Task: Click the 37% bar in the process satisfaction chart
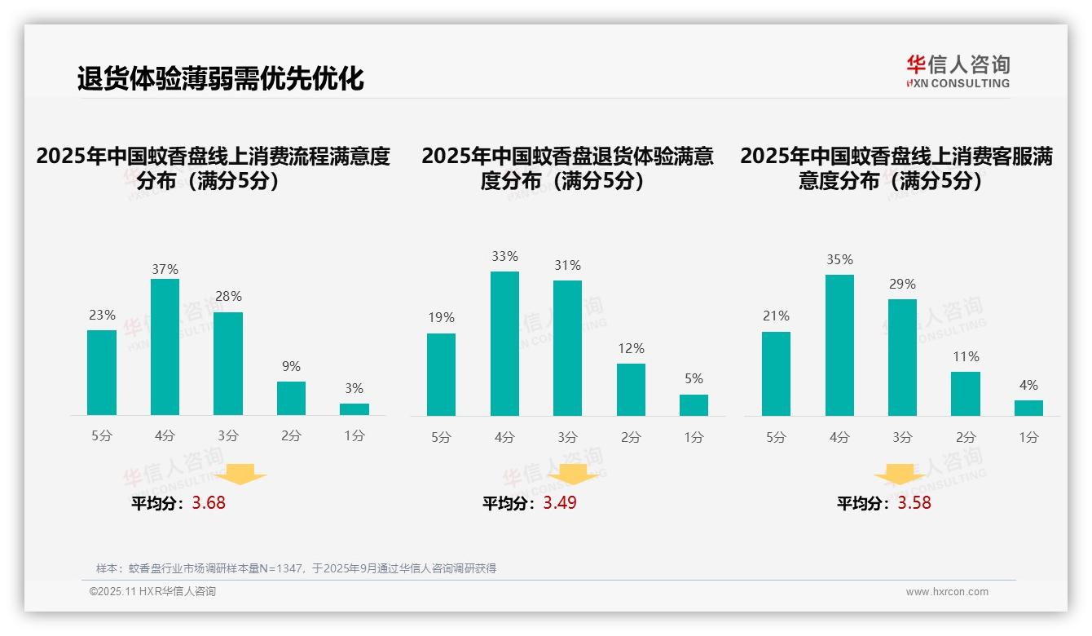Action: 165,347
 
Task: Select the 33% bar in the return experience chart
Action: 504,343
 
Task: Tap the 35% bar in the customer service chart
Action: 839,345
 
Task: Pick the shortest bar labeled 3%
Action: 354,409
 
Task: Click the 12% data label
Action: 631,349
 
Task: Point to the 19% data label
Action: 441,318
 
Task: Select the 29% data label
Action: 902,285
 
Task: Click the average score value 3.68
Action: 209,503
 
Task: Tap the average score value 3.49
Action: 560,503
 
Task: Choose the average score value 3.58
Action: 914,503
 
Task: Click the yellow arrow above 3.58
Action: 900,475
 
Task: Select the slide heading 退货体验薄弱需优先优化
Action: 220,78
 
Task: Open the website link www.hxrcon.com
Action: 947,592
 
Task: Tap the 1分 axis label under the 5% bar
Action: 694,437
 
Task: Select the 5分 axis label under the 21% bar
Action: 776,437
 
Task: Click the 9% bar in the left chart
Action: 291,398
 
